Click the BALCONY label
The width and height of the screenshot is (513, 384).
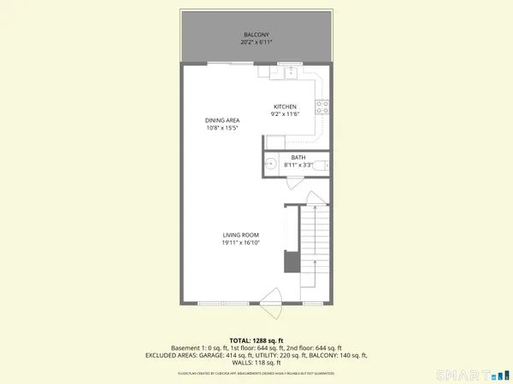tap(256, 35)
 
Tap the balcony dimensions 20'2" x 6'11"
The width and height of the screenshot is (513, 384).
tap(256, 43)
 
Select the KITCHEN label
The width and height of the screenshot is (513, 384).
tap(285, 107)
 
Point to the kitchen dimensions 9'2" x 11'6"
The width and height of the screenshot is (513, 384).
tap(285, 114)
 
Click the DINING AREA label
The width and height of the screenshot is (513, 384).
tap(221, 120)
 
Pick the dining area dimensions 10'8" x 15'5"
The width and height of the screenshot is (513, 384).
tap(221, 128)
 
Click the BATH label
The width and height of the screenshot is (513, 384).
tap(298, 157)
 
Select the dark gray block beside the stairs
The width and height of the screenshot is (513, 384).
tap(291, 260)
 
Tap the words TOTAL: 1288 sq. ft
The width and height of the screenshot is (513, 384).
tap(256, 340)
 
